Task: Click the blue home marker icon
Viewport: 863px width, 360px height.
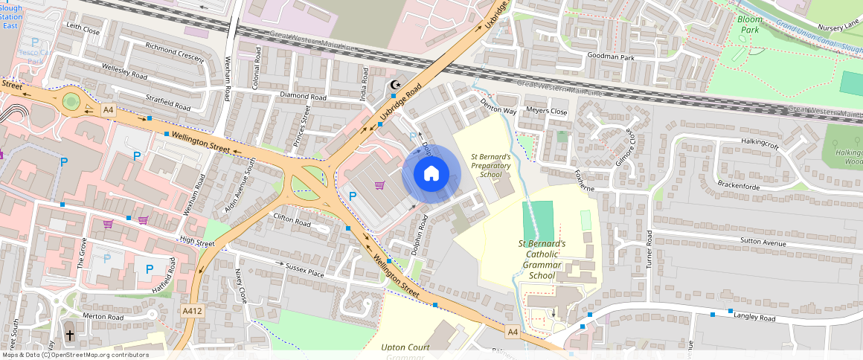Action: coord(431,174)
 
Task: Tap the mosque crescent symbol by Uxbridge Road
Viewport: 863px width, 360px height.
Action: coord(395,85)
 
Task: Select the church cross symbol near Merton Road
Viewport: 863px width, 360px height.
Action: coord(71,335)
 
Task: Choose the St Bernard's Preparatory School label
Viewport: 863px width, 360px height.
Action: coord(490,165)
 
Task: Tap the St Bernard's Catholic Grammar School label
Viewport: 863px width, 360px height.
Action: coord(542,259)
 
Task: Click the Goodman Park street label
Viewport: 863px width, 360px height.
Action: coord(611,57)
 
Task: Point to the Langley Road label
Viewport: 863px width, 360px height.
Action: coord(754,318)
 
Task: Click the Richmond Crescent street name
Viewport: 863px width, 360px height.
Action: coord(174,55)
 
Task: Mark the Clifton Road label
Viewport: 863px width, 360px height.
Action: coord(292,221)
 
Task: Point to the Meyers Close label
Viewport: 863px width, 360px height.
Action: coord(547,112)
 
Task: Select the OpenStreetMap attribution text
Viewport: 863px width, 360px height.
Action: coord(75,355)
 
